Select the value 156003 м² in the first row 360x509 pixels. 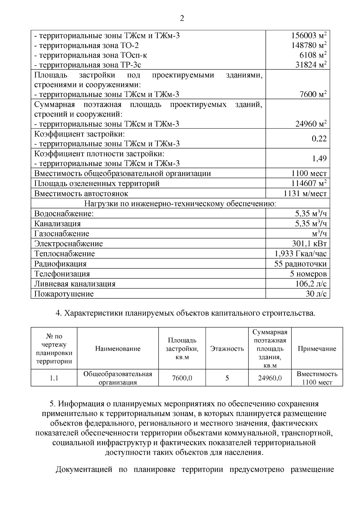click(309, 36)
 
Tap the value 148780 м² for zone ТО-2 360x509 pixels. click(309, 46)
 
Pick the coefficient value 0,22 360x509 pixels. click(319, 139)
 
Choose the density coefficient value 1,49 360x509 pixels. click(319, 159)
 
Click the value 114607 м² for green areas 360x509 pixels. click(309, 183)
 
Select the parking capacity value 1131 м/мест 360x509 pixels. click(305, 193)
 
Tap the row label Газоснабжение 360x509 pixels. click(61, 234)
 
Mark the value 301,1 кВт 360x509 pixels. click(309, 244)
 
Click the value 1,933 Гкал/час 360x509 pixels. click(300, 254)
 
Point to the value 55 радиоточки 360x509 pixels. click(300, 264)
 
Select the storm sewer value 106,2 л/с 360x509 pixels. click(311, 284)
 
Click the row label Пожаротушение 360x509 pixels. click(64, 294)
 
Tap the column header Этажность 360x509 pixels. click(227, 349)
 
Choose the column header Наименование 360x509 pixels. click(118, 349)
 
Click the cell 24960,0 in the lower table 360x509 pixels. click(270, 378)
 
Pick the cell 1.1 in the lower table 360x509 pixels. click(54, 378)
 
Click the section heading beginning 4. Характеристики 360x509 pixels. click(186, 314)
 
